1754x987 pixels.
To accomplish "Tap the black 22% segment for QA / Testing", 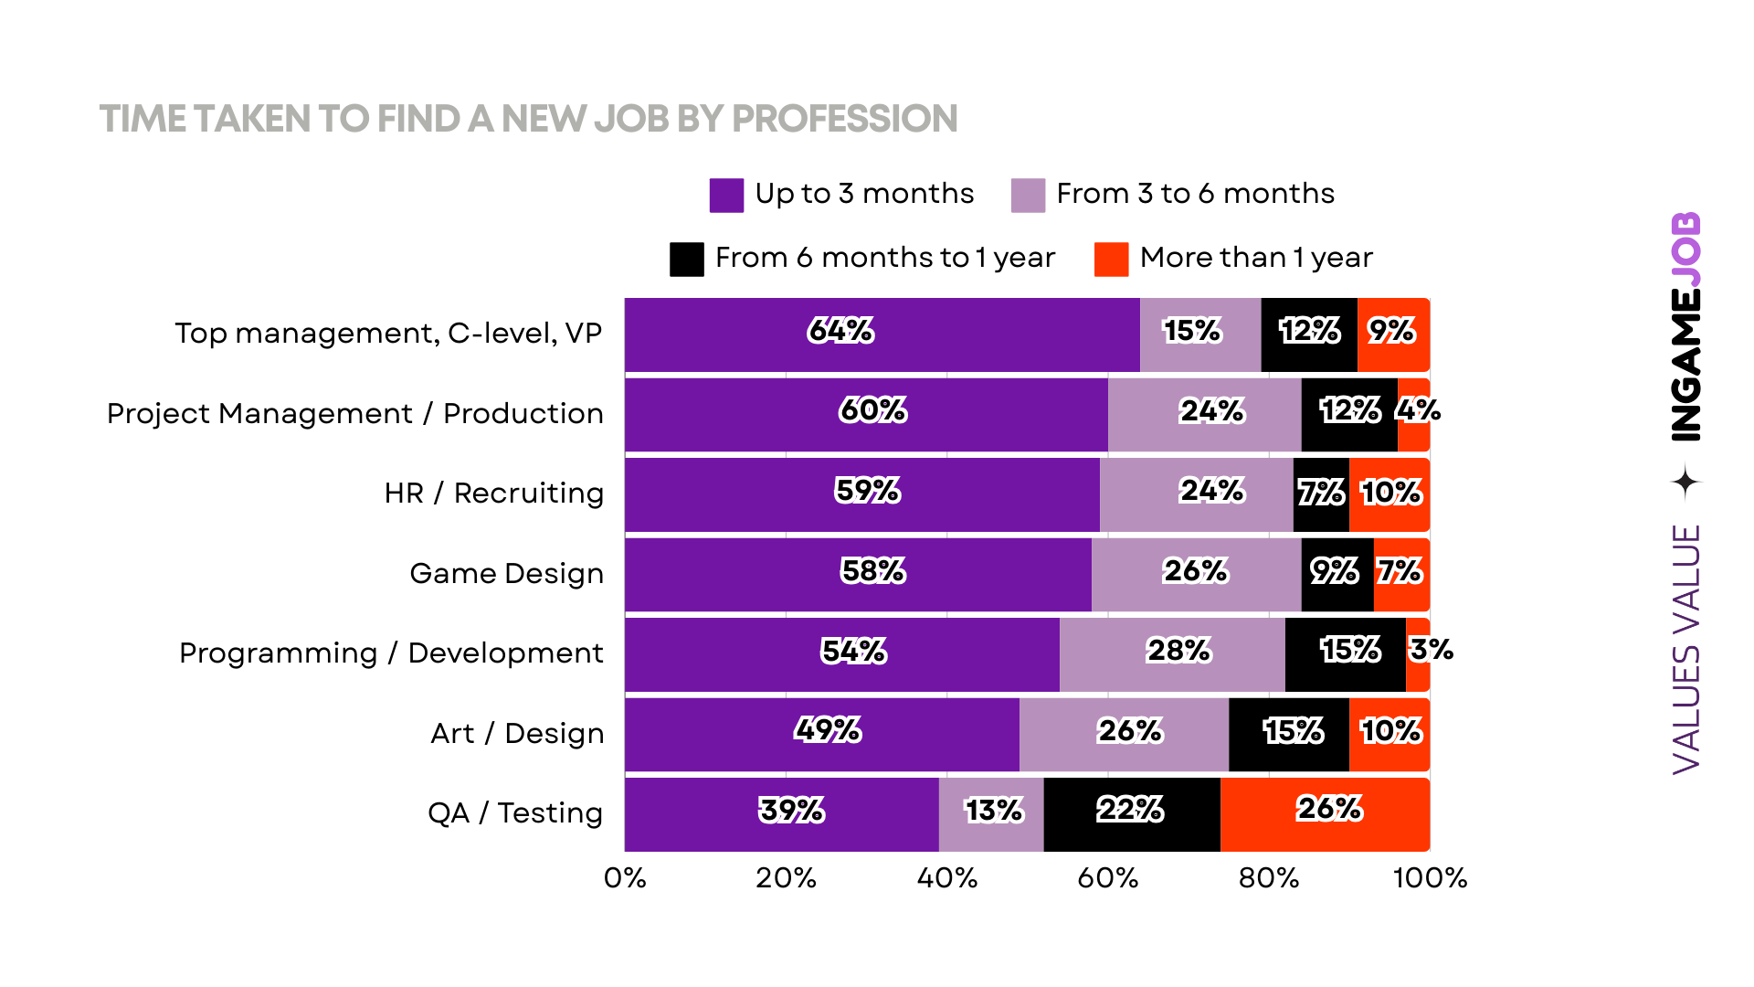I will pyautogui.click(x=1131, y=814).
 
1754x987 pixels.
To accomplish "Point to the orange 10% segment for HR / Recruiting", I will pyautogui.click(x=1389, y=494).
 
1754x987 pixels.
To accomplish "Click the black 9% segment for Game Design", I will pyautogui.click(x=1337, y=575).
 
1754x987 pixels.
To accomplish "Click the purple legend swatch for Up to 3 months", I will pyautogui.click(x=726, y=196).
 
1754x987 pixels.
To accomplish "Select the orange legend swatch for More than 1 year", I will pyautogui.click(x=1111, y=260).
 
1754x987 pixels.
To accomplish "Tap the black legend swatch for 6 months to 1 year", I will pyautogui.click(x=686, y=260).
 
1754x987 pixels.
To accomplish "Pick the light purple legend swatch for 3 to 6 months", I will pyautogui.click(x=1028, y=196).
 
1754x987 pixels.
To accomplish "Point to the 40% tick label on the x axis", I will pyautogui.click(x=946, y=878).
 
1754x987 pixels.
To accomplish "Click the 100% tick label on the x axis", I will pyautogui.click(x=1430, y=878).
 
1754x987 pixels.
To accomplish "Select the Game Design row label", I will pyautogui.click(x=506, y=574).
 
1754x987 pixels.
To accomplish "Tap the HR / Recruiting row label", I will pyautogui.click(x=493, y=493).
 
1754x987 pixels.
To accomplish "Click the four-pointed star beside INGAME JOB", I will pyautogui.click(x=1686, y=482).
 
